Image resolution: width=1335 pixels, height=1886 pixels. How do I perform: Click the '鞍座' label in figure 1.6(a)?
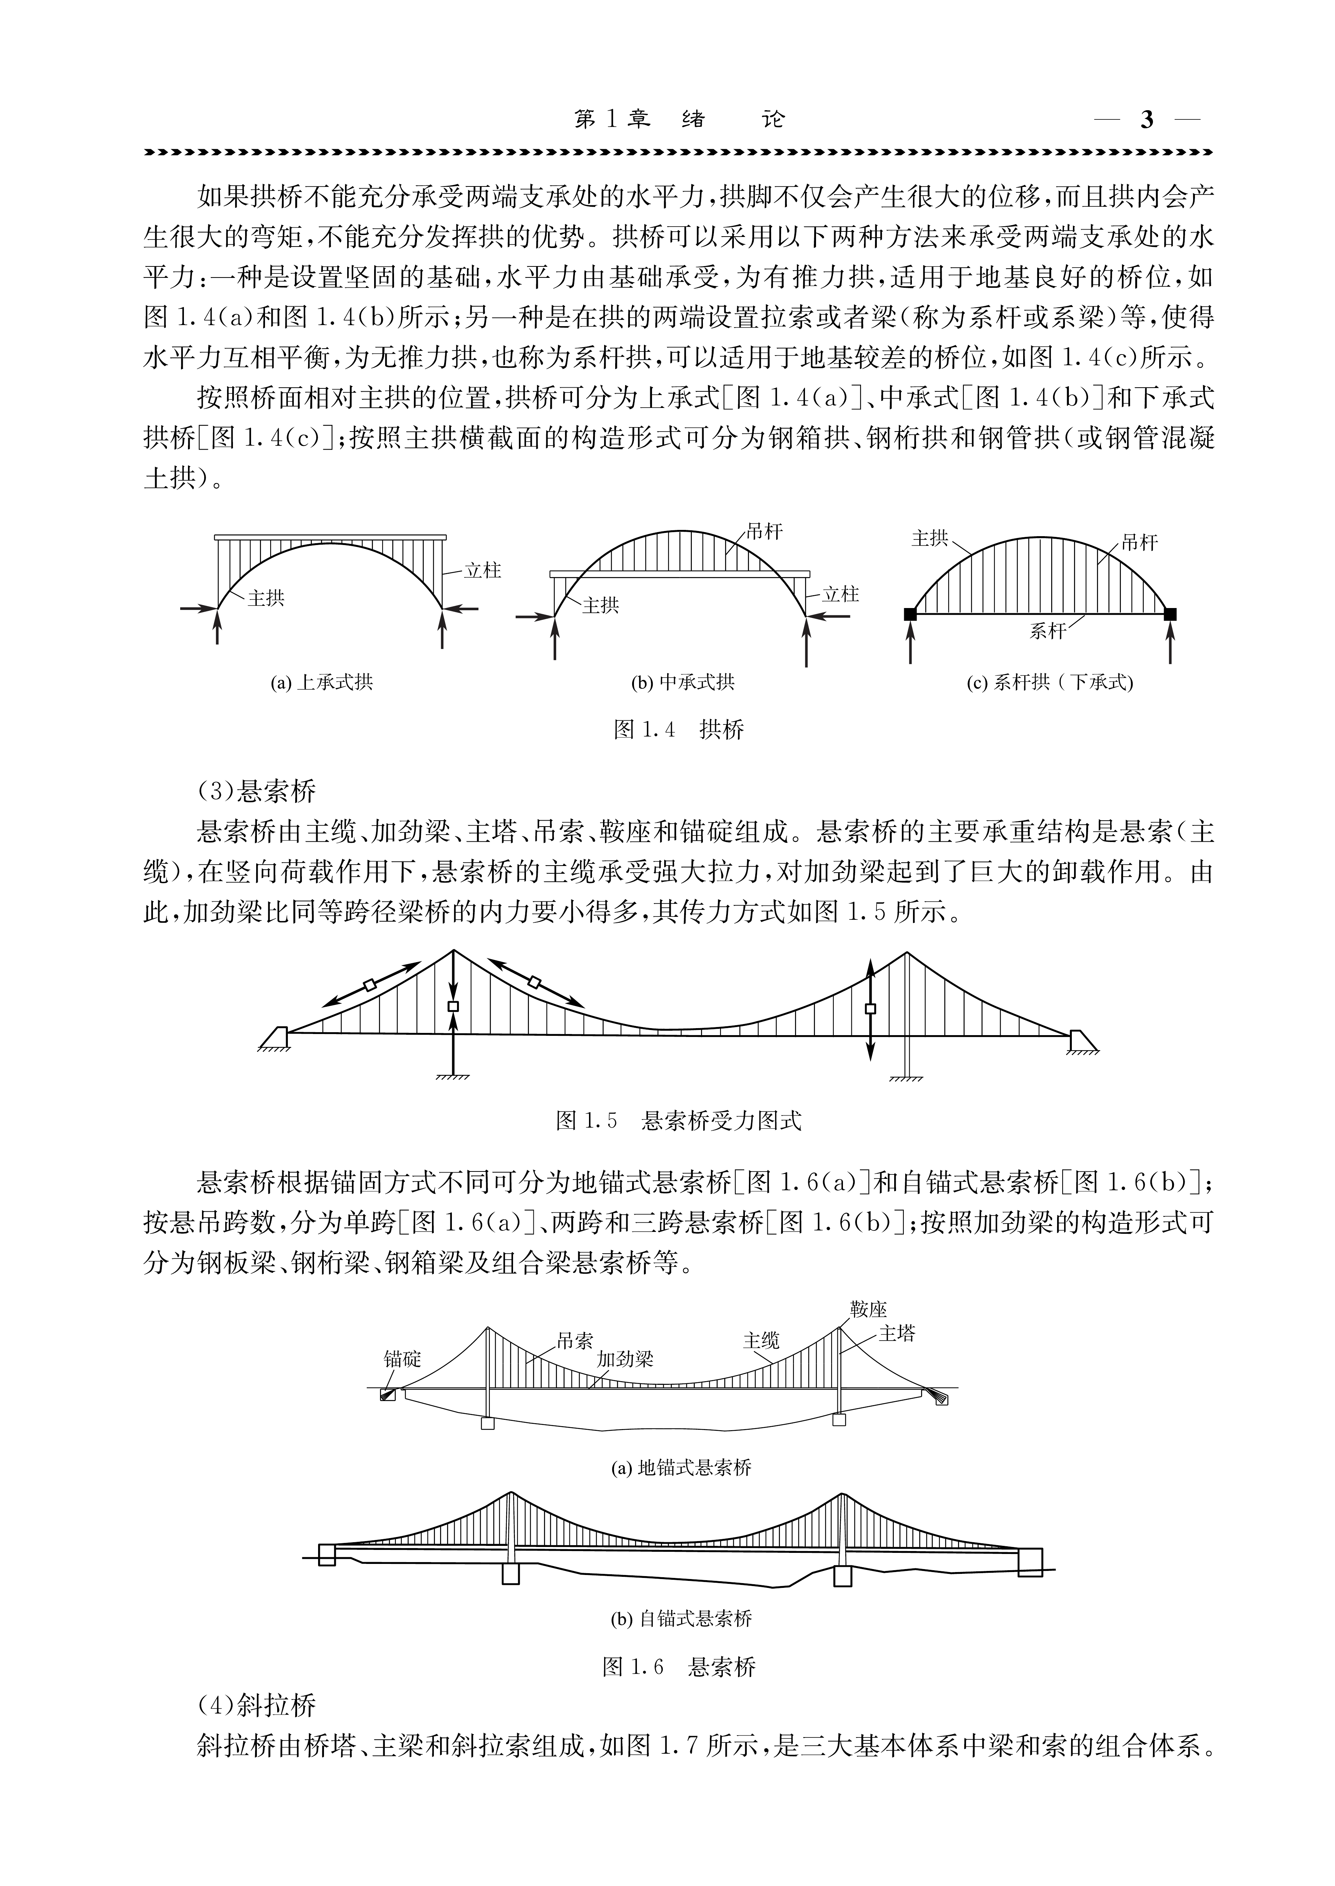(x=869, y=1309)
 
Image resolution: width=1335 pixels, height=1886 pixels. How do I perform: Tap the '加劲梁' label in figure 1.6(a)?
(x=625, y=1358)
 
